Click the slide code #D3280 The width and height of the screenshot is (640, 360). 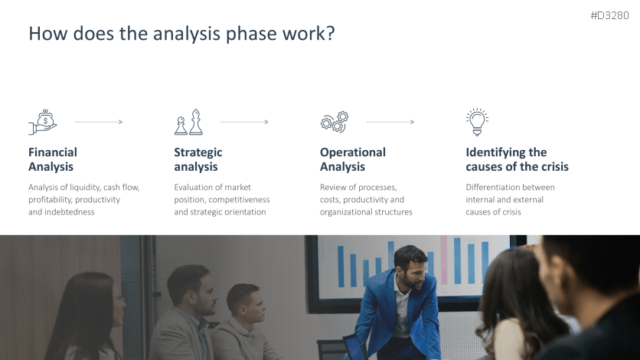609,15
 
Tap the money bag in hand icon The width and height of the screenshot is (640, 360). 42,122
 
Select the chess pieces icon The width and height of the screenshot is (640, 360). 188,122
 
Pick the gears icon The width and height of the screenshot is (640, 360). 335,122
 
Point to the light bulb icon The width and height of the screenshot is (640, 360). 477,122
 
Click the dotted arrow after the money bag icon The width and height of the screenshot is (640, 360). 99,122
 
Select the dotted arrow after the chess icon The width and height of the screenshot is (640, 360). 244,122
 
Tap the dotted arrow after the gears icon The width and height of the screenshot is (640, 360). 390,122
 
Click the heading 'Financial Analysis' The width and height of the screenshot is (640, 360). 53,159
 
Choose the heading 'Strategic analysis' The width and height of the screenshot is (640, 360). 198,159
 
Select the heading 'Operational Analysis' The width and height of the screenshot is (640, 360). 353,159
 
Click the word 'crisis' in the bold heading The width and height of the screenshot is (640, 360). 555,166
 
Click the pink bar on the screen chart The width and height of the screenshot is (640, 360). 444,260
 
